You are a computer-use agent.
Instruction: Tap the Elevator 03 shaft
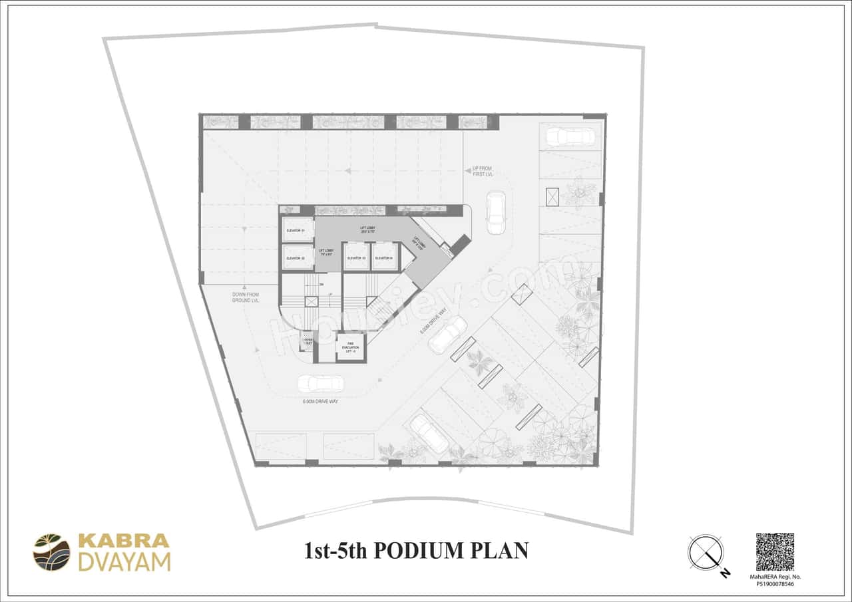pos(356,257)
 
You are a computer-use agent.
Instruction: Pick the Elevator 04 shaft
pos(384,257)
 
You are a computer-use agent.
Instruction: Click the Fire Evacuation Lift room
pos(351,347)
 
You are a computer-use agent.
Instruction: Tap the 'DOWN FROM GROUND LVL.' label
pos(246,297)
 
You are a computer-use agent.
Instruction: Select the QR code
pos(775,551)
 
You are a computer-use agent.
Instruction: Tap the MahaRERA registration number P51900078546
pos(775,584)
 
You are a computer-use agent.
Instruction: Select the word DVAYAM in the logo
pos(124,562)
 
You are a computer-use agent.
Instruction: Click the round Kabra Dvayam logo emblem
pos(52,552)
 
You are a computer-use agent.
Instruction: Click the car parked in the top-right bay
pos(569,137)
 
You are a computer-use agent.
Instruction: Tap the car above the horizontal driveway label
pos(320,384)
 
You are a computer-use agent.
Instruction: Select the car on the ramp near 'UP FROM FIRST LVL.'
pos(495,212)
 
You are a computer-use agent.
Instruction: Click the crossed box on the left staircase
pos(311,301)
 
